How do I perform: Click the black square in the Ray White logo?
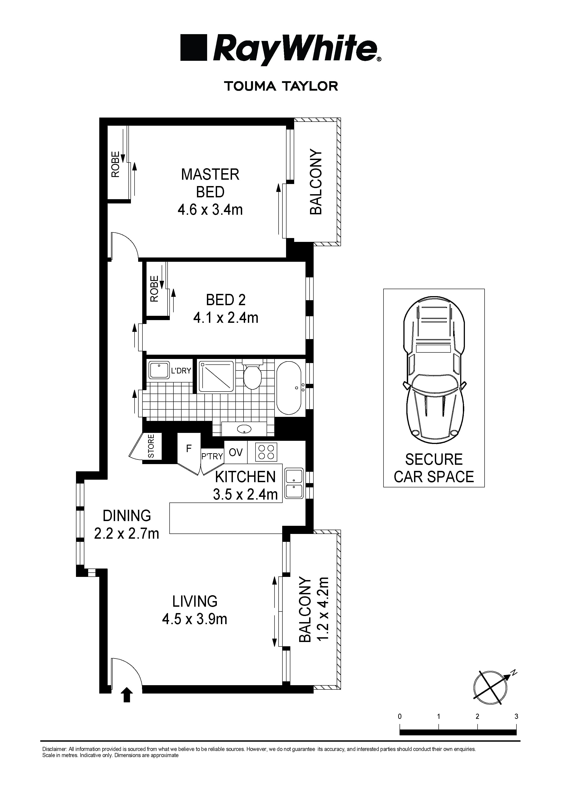tap(194, 48)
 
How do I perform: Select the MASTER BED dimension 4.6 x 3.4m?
tap(210, 210)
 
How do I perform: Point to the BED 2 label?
tap(226, 300)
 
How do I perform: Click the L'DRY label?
tap(181, 371)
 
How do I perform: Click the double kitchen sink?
tap(294, 483)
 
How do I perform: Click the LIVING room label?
tap(195, 601)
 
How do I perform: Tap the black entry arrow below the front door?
tap(127, 695)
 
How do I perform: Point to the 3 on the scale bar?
tap(516, 716)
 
